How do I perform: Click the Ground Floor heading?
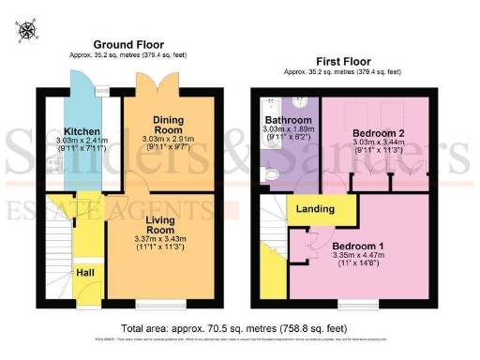pos(128,44)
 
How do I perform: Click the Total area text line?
pos(239,329)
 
